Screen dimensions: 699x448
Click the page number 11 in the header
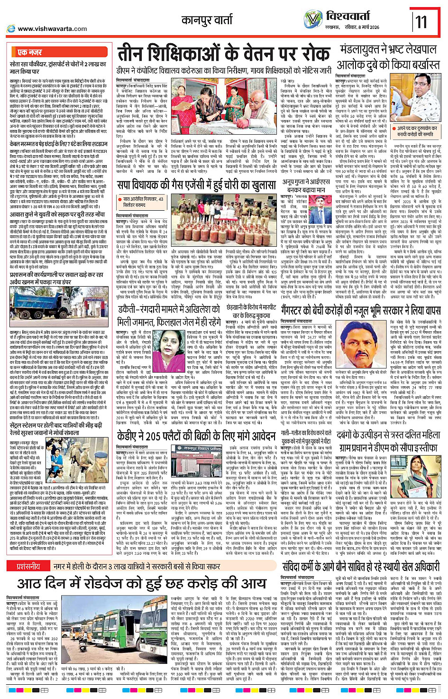pyautogui.click(x=421, y=21)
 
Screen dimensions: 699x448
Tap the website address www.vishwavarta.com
pyautogui.click(x=52, y=28)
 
